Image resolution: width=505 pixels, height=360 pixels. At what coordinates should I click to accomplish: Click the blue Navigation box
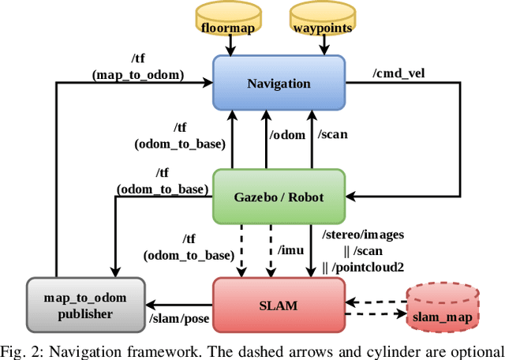279,84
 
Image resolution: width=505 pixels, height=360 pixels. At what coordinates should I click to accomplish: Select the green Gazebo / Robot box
279,196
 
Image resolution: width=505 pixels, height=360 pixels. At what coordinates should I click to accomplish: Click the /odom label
286,135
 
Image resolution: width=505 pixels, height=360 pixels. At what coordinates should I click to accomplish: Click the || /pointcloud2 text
363,268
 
